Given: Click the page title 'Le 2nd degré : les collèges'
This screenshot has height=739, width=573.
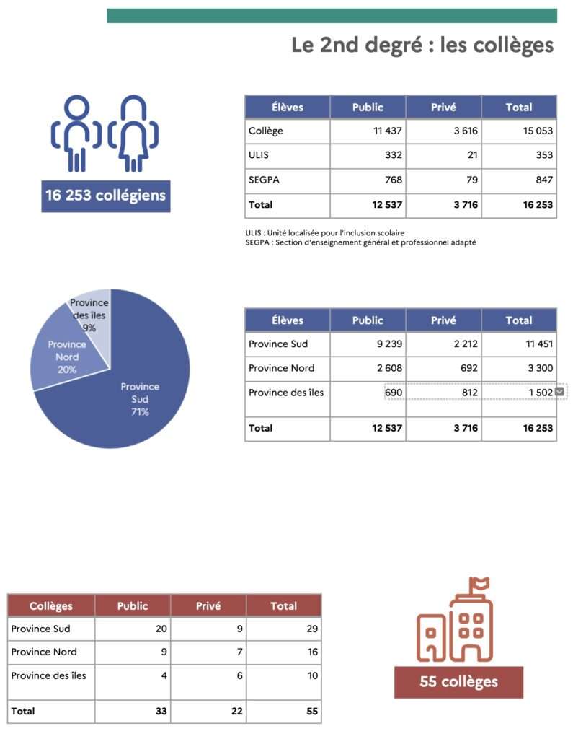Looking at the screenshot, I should [422, 45].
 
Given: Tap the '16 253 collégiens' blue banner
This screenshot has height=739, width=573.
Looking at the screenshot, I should [105, 196].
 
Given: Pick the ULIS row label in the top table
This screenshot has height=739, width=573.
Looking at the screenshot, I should [260, 155].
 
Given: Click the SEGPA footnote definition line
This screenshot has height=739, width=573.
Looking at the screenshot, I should [360, 242].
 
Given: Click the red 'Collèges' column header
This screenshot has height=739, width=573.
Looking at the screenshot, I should [51, 606].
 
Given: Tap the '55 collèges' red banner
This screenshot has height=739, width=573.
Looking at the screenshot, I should [458, 682].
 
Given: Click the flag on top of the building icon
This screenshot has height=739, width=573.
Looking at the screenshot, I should [479, 583].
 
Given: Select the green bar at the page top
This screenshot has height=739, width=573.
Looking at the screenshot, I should [332, 16].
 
